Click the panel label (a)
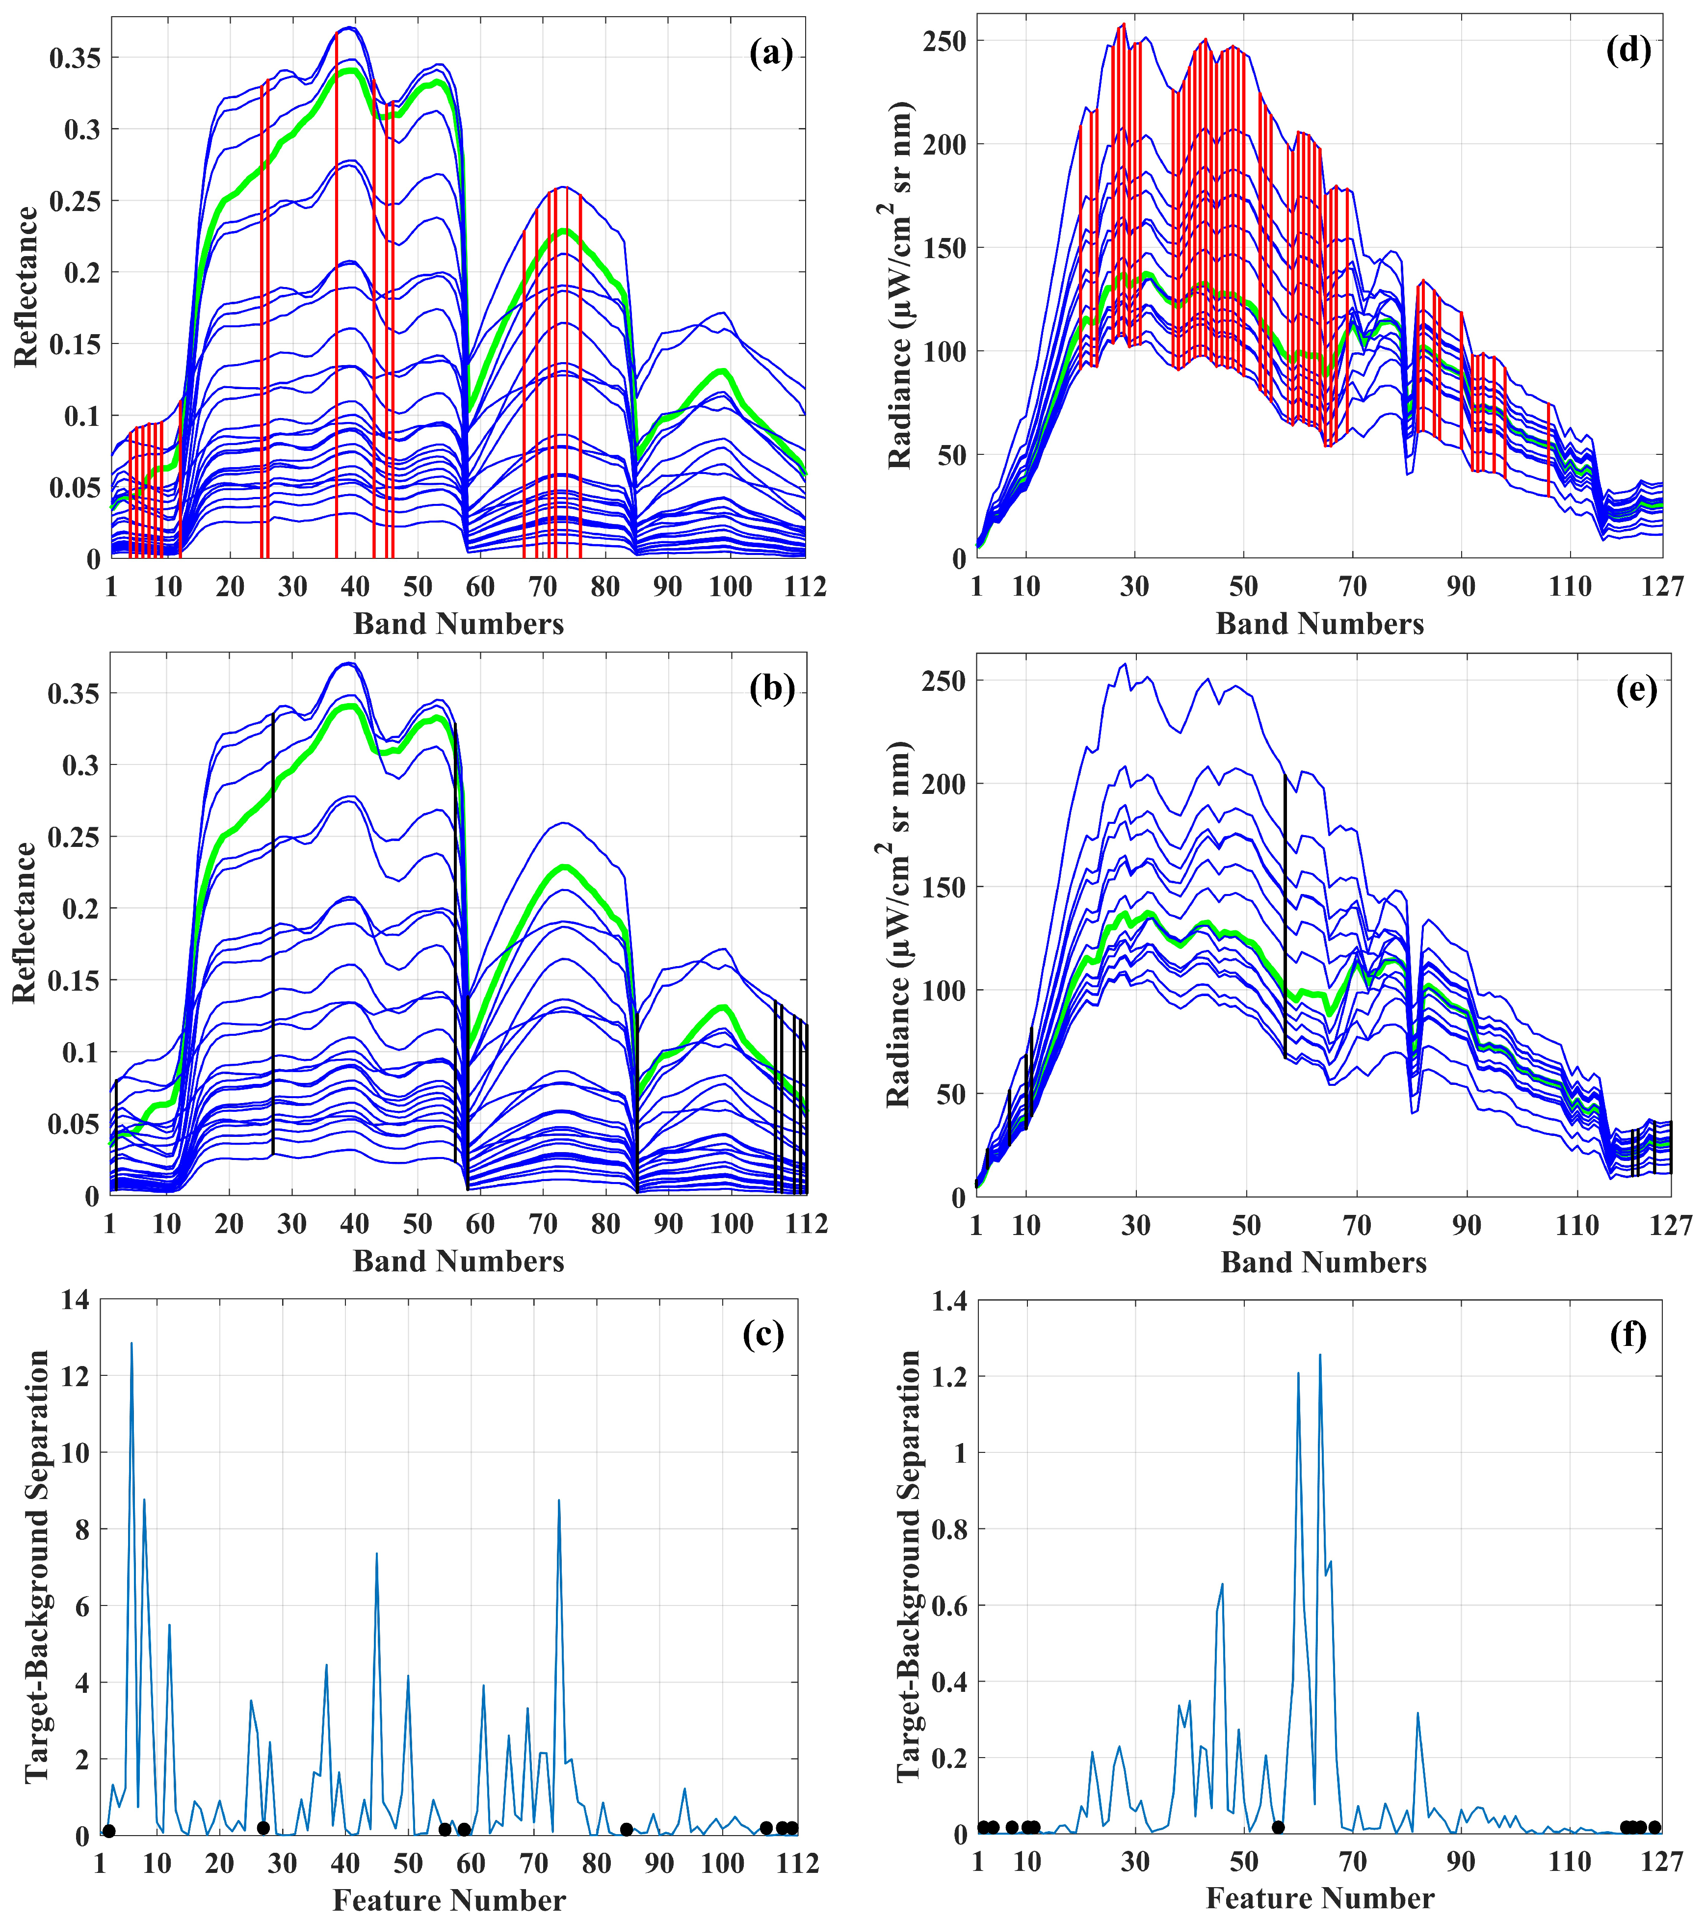pyautogui.click(x=770, y=53)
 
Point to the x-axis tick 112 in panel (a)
pyautogui.click(x=805, y=587)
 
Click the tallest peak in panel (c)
pyautogui.click(x=131, y=1343)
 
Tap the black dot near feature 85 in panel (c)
pyautogui.click(x=627, y=1829)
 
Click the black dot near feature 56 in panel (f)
pyautogui.click(x=1278, y=1827)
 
